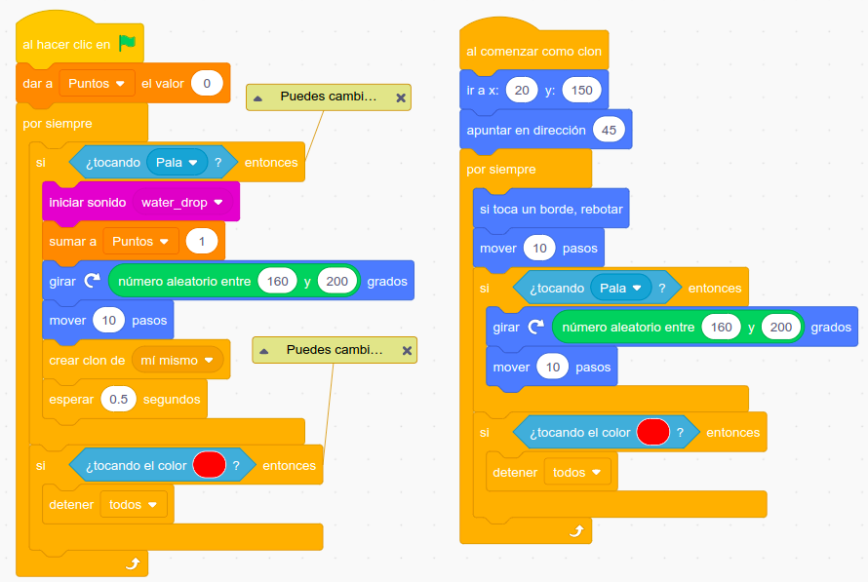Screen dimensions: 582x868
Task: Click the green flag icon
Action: pyautogui.click(x=127, y=43)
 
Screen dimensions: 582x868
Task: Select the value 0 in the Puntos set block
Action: pyautogui.click(x=207, y=84)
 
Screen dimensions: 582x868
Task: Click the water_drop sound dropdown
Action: pyautogui.click(x=182, y=202)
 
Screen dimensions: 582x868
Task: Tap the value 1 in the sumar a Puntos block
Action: pyautogui.click(x=202, y=241)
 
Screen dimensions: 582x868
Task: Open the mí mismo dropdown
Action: pyautogui.click(x=178, y=360)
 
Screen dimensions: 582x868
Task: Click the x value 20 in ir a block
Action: pyautogui.click(x=522, y=90)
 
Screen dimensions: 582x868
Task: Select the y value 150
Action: pyautogui.click(x=581, y=90)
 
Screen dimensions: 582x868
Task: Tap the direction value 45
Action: pyautogui.click(x=610, y=130)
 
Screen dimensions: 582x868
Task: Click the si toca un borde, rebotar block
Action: pyautogui.click(x=551, y=209)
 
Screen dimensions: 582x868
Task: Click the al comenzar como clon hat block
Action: pyautogui.click(x=533, y=51)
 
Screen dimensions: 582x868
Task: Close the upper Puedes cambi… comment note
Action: pyautogui.click(x=400, y=97)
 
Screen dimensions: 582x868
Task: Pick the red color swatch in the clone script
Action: pyautogui.click(x=652, y=432)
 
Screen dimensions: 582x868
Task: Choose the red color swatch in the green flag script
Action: pyautogui.click(x=210, y=465)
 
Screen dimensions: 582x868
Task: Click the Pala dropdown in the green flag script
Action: pyautogui.click(x=177, y=162)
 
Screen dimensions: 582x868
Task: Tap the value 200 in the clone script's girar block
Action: pyautogui.click(x=780, y=328)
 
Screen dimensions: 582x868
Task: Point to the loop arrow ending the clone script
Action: pyautogui.click(x=575, y=530)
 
